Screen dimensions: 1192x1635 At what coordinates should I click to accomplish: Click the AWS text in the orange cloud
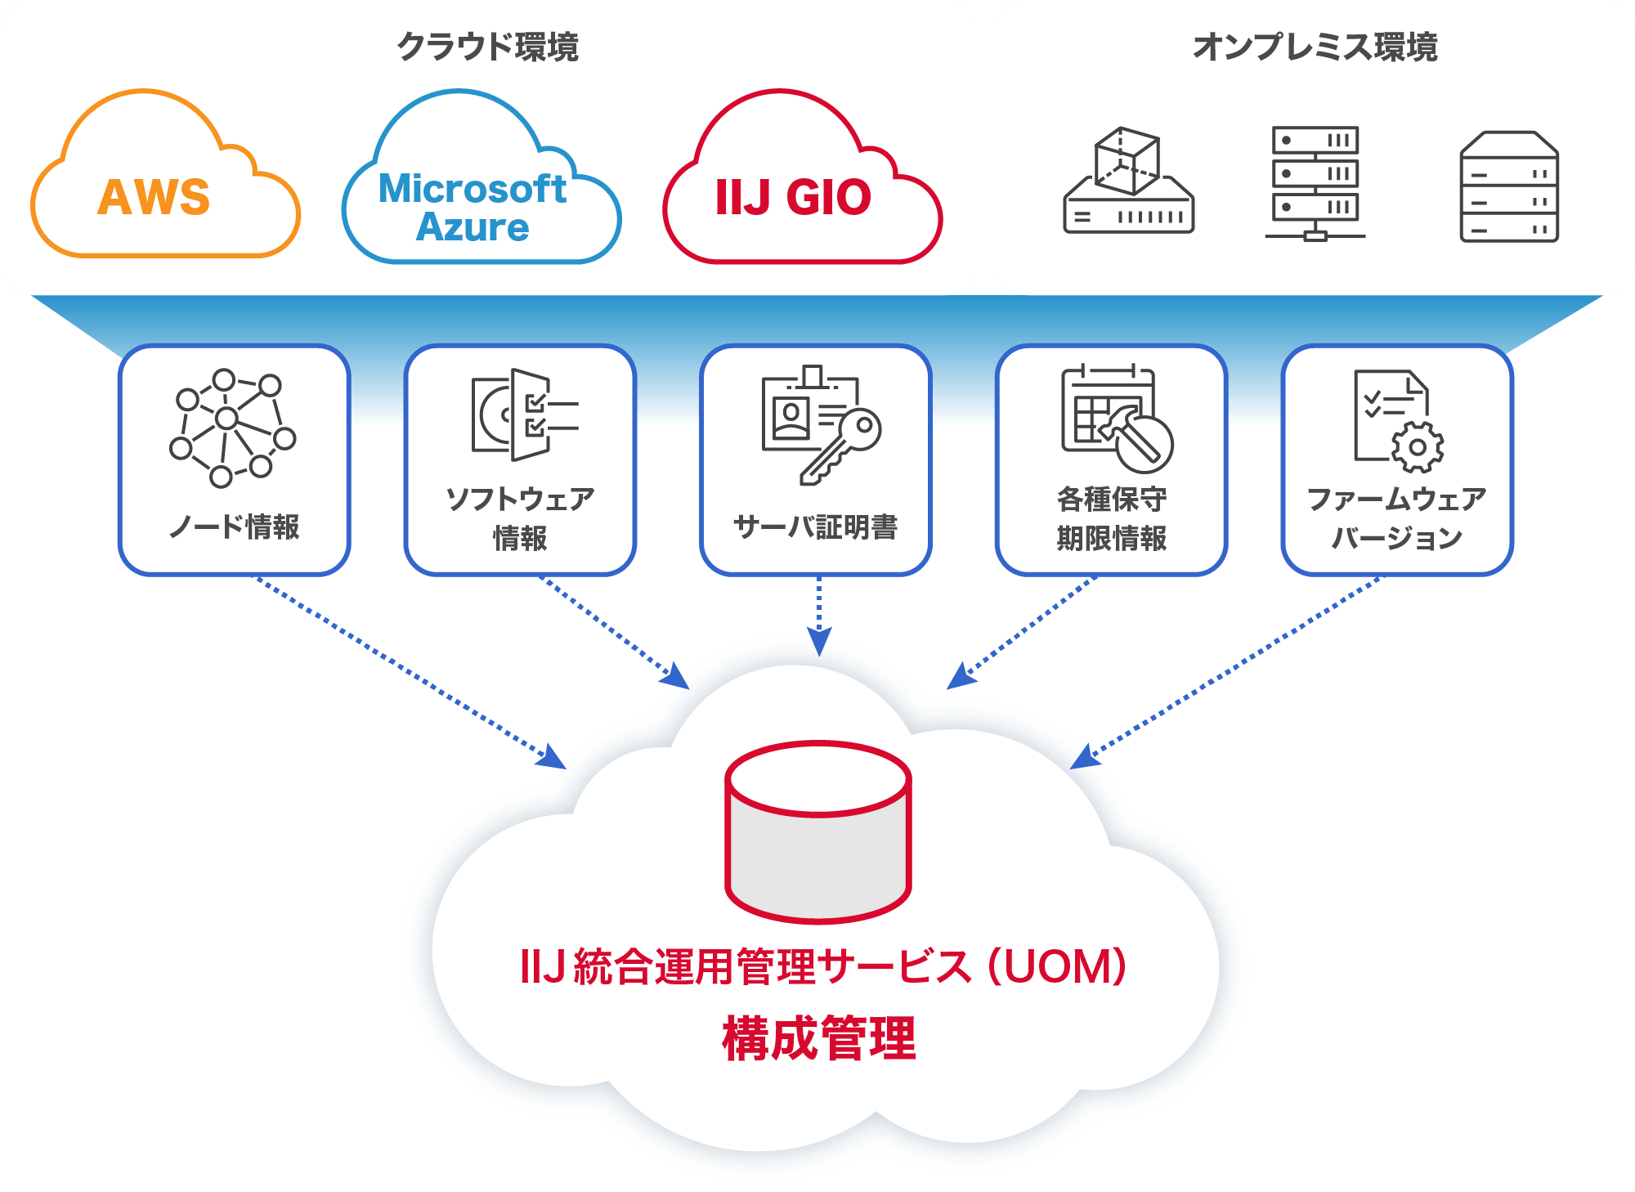point(154,197)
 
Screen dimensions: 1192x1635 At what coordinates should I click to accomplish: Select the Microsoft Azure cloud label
point(473,208)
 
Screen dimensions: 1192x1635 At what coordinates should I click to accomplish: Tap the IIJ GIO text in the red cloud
point(793,197)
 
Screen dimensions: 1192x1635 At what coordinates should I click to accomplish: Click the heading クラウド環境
point(488,47)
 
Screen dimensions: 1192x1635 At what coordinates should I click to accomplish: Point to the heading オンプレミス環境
point(1315,47)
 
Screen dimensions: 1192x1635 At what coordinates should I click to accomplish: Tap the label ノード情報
point(235,526)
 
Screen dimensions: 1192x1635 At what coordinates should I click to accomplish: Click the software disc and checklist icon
point(524,414)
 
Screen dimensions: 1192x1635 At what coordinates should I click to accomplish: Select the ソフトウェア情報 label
point(520,518)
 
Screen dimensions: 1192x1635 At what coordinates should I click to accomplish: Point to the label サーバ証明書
point(816,526)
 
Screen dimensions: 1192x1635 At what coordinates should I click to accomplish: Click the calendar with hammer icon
point(1117,419)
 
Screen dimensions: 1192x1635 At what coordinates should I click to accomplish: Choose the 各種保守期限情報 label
point(1112,518)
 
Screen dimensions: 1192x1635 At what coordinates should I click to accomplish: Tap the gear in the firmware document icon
point(1418,447)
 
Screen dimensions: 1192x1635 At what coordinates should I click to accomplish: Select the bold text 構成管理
point(818,1038)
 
